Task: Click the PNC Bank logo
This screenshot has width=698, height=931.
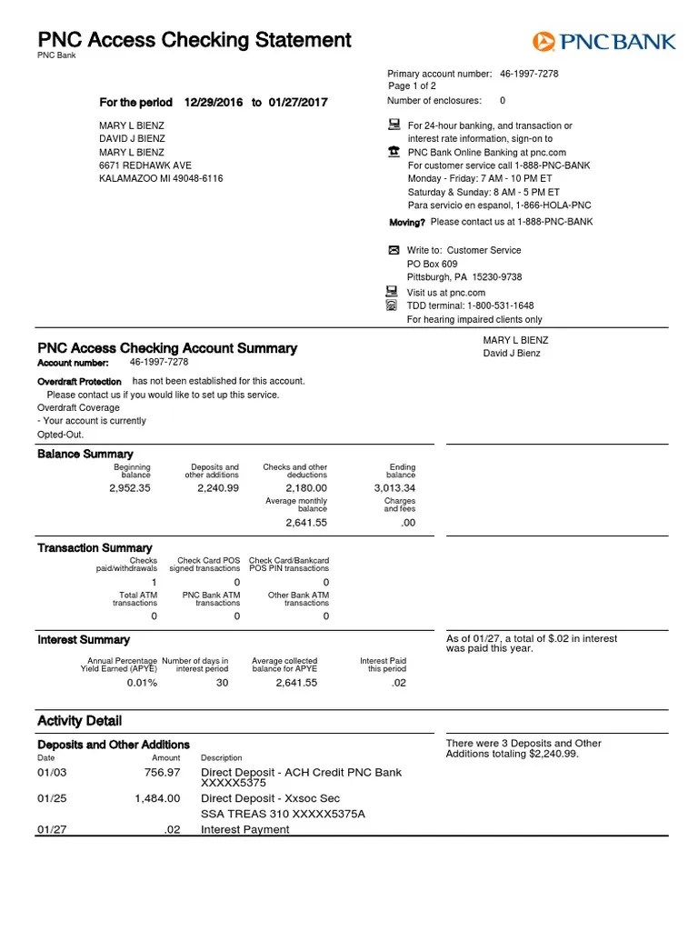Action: pyautogui.click(x=603, y=41)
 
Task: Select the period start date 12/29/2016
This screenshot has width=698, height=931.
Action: pyautogui.click(x=214, y=103)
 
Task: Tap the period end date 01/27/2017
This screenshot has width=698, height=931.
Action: pyautogui.click(x=298, y=103)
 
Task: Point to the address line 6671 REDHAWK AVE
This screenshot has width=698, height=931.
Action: pyautogui.click(x=145, y=165)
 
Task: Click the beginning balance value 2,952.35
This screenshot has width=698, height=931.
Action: pyautogui.click(x=130, y=488)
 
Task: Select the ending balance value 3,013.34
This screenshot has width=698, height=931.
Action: pyautogui.click(x=394, y=488)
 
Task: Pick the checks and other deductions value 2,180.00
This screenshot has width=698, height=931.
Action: pyautogui.click(x=306, y=488)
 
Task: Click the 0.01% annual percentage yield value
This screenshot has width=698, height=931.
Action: pyautogui.click(x=142, y=683)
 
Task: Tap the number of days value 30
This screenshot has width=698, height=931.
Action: pyautogui.click(x=223, y=683)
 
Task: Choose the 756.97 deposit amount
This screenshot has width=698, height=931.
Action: pyautogui.click(x=162, y=773)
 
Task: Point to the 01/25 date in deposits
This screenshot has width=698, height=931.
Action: pyautogui.click(x=50, y=798)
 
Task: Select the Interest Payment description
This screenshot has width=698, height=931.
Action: pyautogui.click(x=245, y=829)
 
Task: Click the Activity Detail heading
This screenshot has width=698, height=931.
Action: pyautogui.click(x=79, y=721)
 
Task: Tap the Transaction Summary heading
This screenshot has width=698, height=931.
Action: pyautogui.click(x=95, y=547)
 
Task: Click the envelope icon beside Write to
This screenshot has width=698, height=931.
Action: pyautogui.click(x=394, y=250)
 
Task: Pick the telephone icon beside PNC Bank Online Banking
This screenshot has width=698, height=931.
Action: pyautogui.click(x=394, y=152)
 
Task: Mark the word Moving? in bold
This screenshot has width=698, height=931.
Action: pyautogui.click(x=407, y=222)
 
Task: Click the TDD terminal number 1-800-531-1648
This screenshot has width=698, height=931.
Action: pyautogui.click(x=500, y=305)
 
